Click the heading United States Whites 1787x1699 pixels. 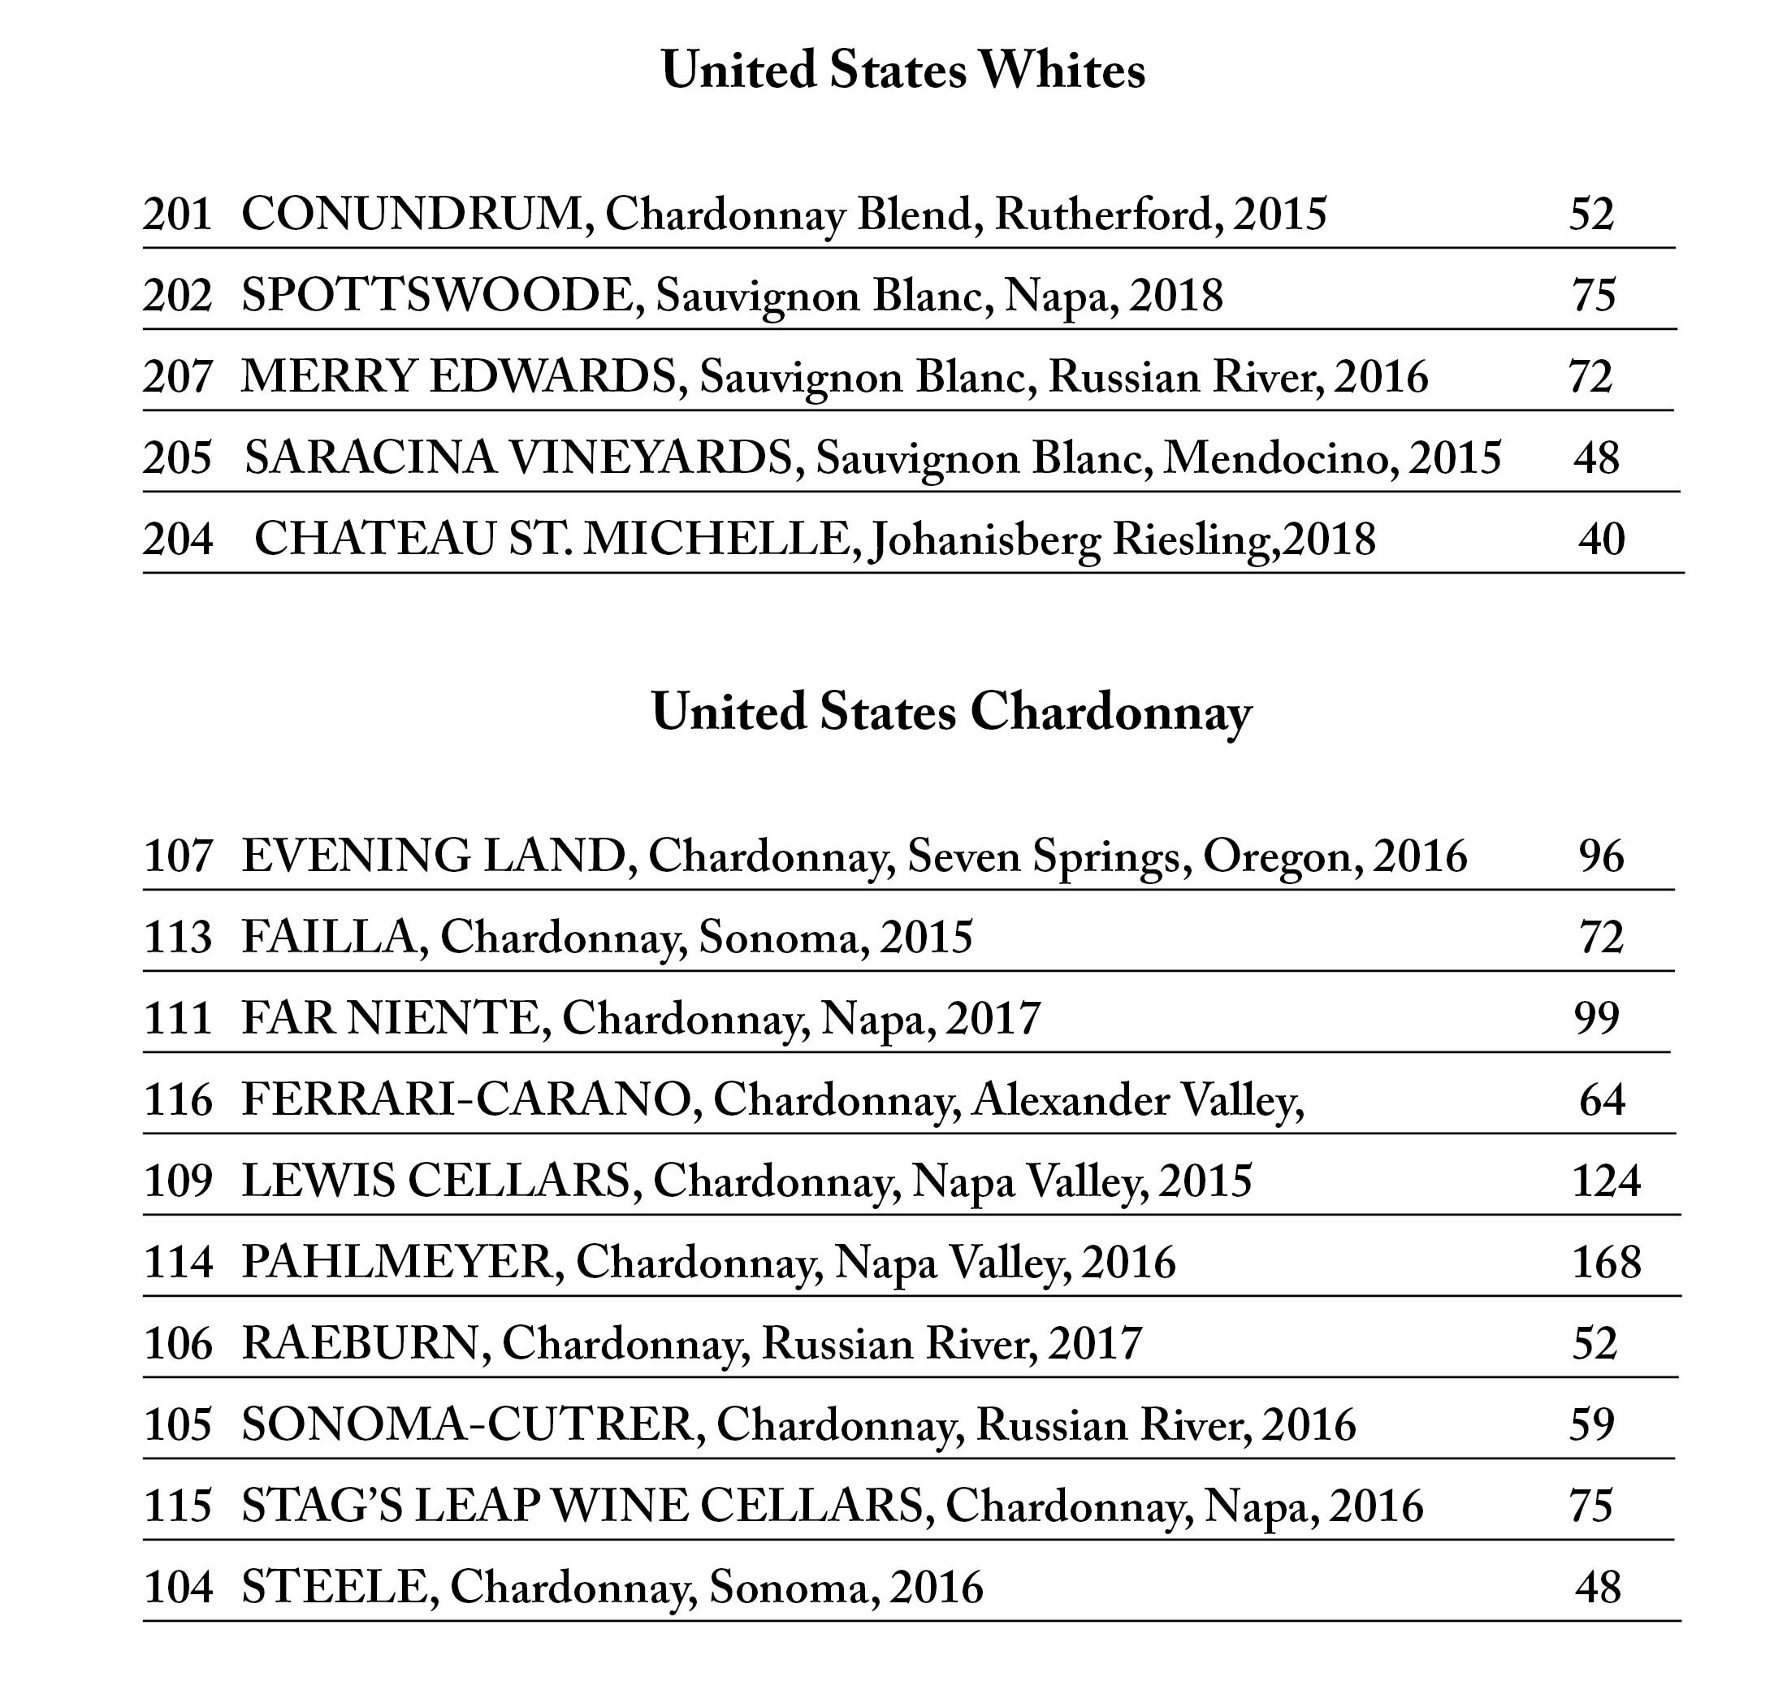pos(902,71)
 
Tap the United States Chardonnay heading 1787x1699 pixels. pos(950,713)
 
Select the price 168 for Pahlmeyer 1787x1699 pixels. pos(1606,1263)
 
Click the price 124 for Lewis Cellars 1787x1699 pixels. pos(1606,1181)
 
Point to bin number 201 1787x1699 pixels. pos(177,215)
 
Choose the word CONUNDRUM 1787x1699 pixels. pos(418,215)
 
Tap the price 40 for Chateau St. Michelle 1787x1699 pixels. pos(1602,540)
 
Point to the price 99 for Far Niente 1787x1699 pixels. pos(1596,1019)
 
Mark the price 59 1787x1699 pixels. pos(1592,1424)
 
